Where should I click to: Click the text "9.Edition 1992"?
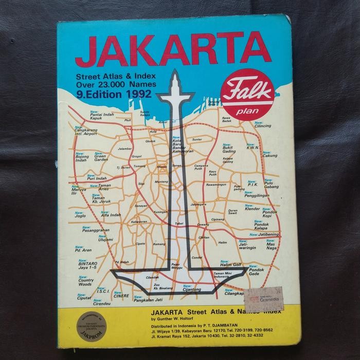click(x=114, y=94)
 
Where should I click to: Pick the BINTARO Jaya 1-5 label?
click(x=85, y=265)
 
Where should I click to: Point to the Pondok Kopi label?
click(x=256, y=214)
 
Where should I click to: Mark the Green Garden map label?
click(x=99, y=158)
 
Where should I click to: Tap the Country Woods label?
click(x=85, y=282)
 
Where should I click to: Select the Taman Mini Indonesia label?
click(x=225, y=276)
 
